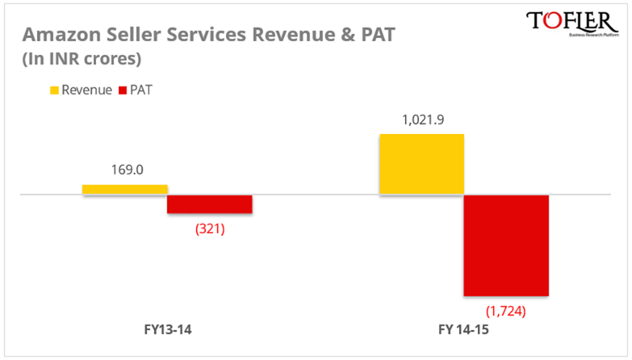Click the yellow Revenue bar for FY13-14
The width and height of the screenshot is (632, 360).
click(125, 189)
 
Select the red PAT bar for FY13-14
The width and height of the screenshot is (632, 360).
click(210, 204)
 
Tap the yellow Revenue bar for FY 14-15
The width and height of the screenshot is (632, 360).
click(421, 164)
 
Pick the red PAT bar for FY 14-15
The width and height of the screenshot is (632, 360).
click(506, 245)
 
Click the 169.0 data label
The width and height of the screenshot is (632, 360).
click(125, 171)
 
